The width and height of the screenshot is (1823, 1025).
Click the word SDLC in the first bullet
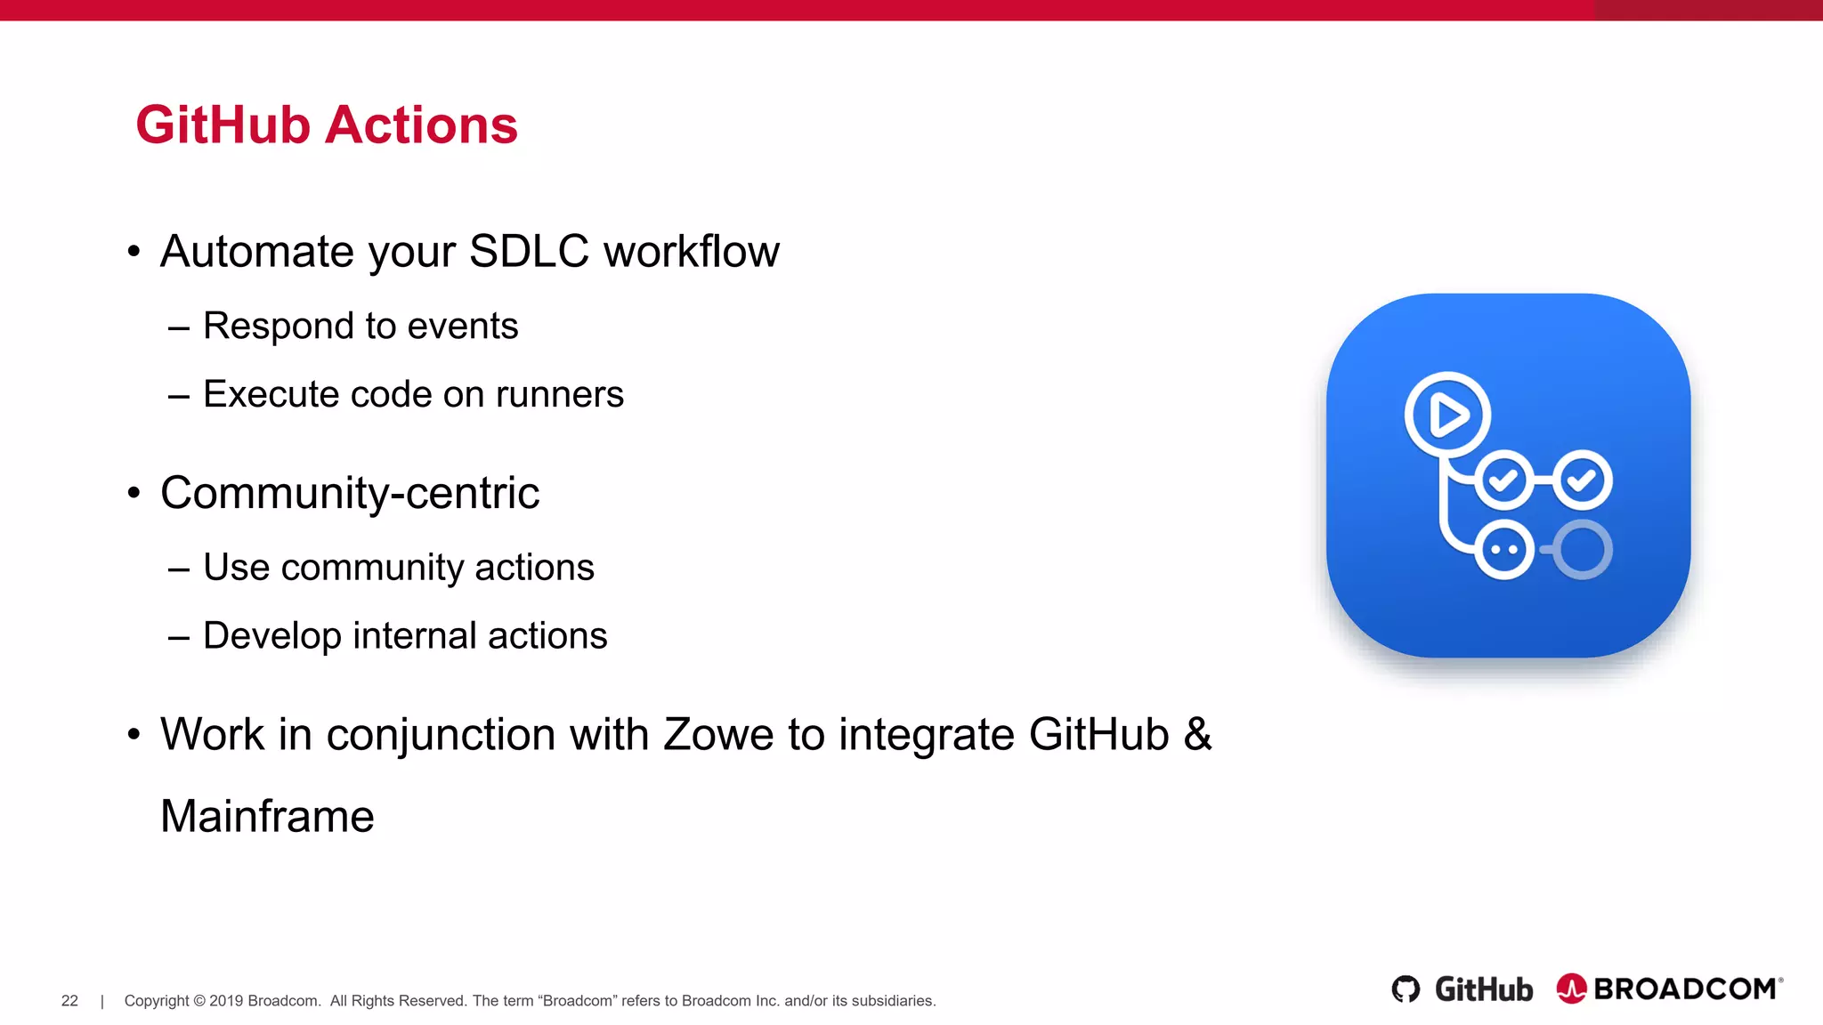tap(529, 251)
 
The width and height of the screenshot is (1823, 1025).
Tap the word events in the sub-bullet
tap(462, 326)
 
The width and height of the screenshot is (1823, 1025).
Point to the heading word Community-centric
tap(350, 493)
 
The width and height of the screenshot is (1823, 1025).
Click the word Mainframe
tap(267, 817)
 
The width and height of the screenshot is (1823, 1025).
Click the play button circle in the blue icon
tap(1448, 415)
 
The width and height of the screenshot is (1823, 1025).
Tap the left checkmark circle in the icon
tap(1503, 480)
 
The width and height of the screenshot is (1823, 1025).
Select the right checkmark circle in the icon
tap(1582, 480)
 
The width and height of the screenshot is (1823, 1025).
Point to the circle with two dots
tap(1503, 549)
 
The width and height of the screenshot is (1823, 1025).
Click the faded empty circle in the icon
tap(1583, 549)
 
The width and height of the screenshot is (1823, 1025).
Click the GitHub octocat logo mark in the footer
tap(1406, 989)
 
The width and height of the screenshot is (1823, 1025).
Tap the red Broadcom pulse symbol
tap(1571, 989)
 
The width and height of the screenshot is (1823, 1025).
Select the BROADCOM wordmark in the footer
tap(1685, 989)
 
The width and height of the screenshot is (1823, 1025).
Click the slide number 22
tap(69, 1001)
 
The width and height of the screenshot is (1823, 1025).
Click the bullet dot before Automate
tap(134, 252)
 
